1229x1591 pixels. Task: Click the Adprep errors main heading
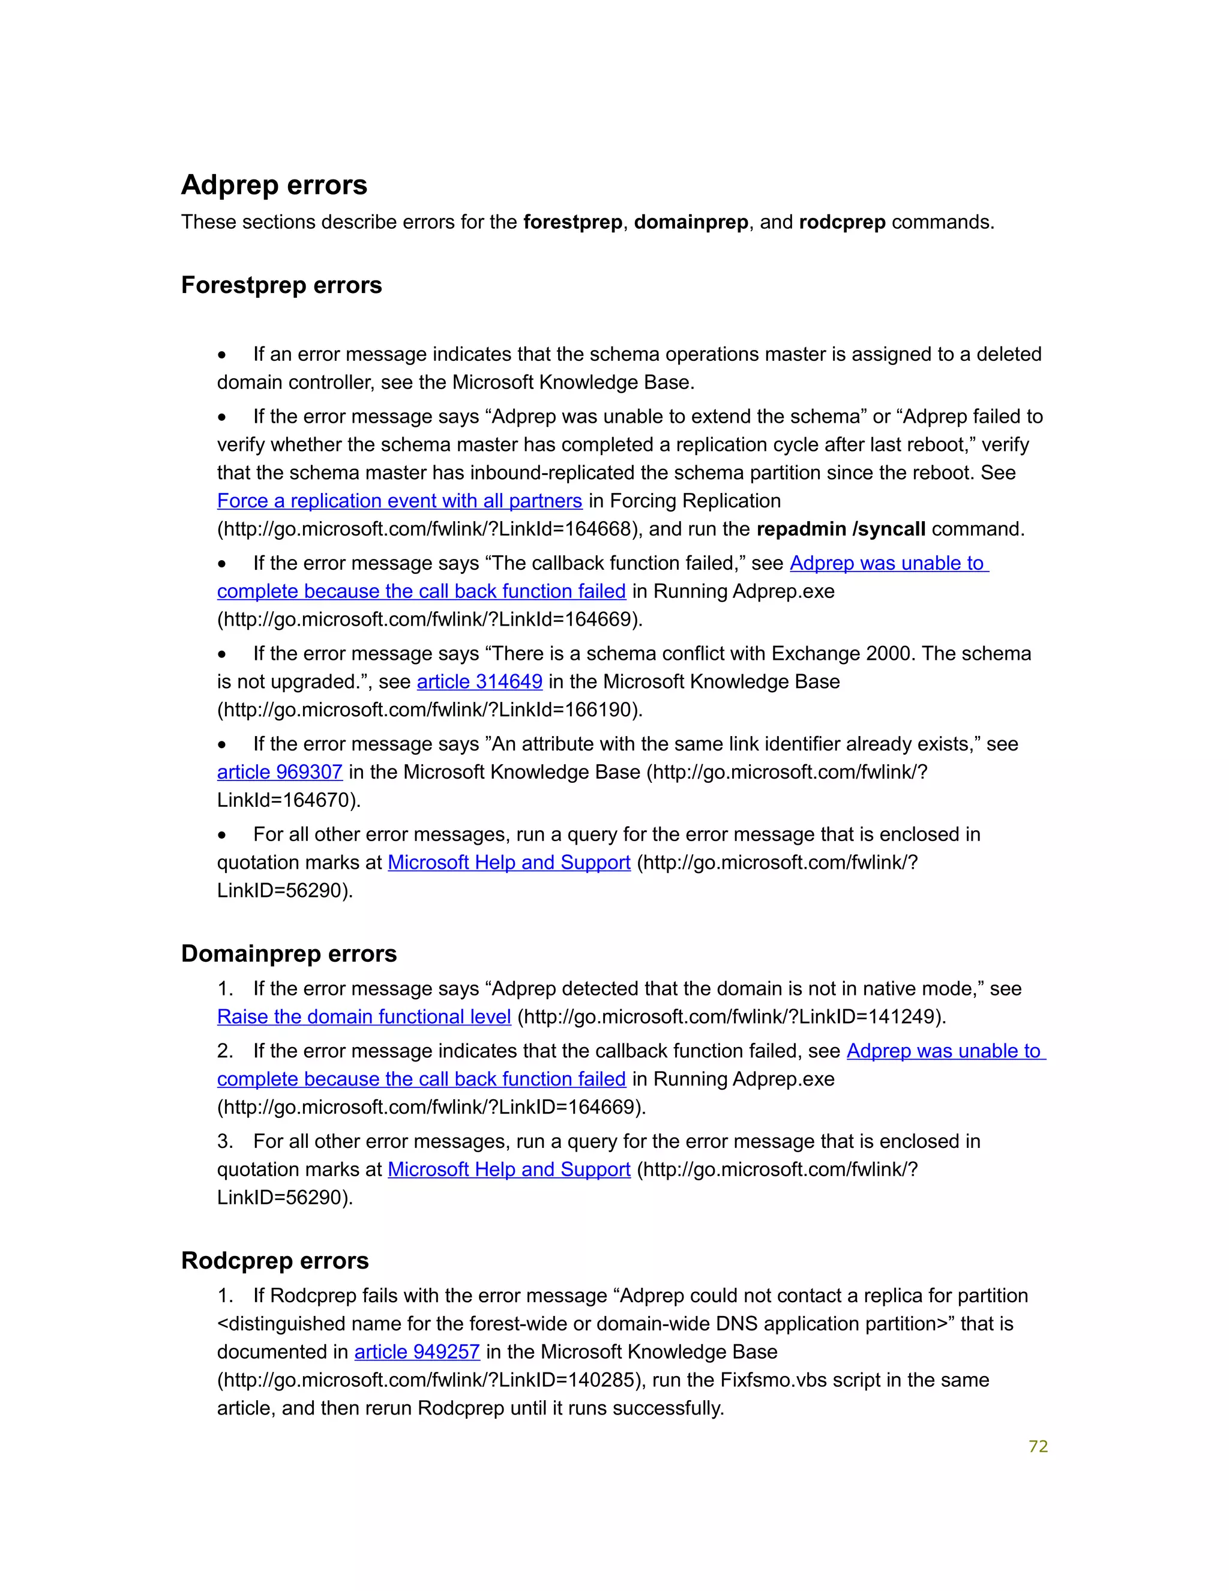pos(274,185)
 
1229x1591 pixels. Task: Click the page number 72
pos(1038,1447)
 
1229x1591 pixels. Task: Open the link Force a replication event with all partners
pos(399,501)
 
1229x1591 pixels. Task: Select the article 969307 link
pos(280,772)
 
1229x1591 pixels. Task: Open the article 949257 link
pos(416,1352)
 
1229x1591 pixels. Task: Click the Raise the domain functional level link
pos(364,1017)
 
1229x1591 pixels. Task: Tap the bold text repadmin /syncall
pos(841,530)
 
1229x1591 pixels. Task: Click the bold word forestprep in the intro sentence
pos(572,222)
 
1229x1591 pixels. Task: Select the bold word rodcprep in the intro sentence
pos(842,222)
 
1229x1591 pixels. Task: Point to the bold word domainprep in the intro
pos(690,222)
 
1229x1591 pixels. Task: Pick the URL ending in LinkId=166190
pos(430,710)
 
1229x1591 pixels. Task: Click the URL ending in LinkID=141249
pos(731,1017)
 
